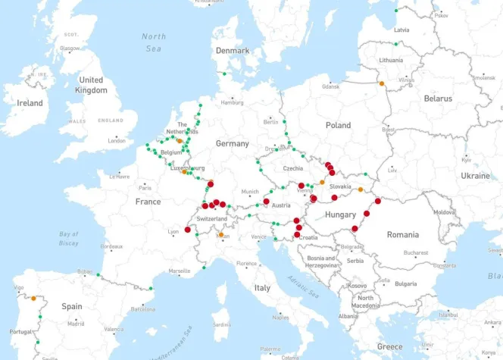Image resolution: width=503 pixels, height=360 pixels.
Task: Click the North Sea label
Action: (154, 42)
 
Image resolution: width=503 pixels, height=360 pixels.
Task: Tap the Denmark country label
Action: (232, 51)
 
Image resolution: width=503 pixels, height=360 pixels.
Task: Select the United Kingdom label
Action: (91, 85)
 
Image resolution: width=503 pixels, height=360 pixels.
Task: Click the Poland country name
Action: (338, 125)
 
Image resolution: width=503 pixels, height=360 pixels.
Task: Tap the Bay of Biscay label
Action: (69, 239)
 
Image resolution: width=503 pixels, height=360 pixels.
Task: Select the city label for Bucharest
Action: (416, 252)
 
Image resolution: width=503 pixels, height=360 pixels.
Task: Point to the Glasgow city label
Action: (70, 48)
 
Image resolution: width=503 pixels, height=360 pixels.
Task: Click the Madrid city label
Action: (75, 324)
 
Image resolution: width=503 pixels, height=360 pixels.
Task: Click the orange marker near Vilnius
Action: (382, 83)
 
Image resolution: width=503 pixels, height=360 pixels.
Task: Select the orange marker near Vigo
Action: (33, 298)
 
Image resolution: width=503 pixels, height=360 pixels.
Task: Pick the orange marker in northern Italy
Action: (221, 235)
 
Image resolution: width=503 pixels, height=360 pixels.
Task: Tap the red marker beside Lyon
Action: (188, 230)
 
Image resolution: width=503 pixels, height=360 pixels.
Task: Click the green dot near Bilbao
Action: (98, 275)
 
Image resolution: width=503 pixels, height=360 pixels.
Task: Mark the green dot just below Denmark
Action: (223, 74)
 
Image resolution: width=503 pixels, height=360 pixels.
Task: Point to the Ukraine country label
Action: (475, 175)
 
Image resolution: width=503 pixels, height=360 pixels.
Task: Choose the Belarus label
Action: (438, 99)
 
